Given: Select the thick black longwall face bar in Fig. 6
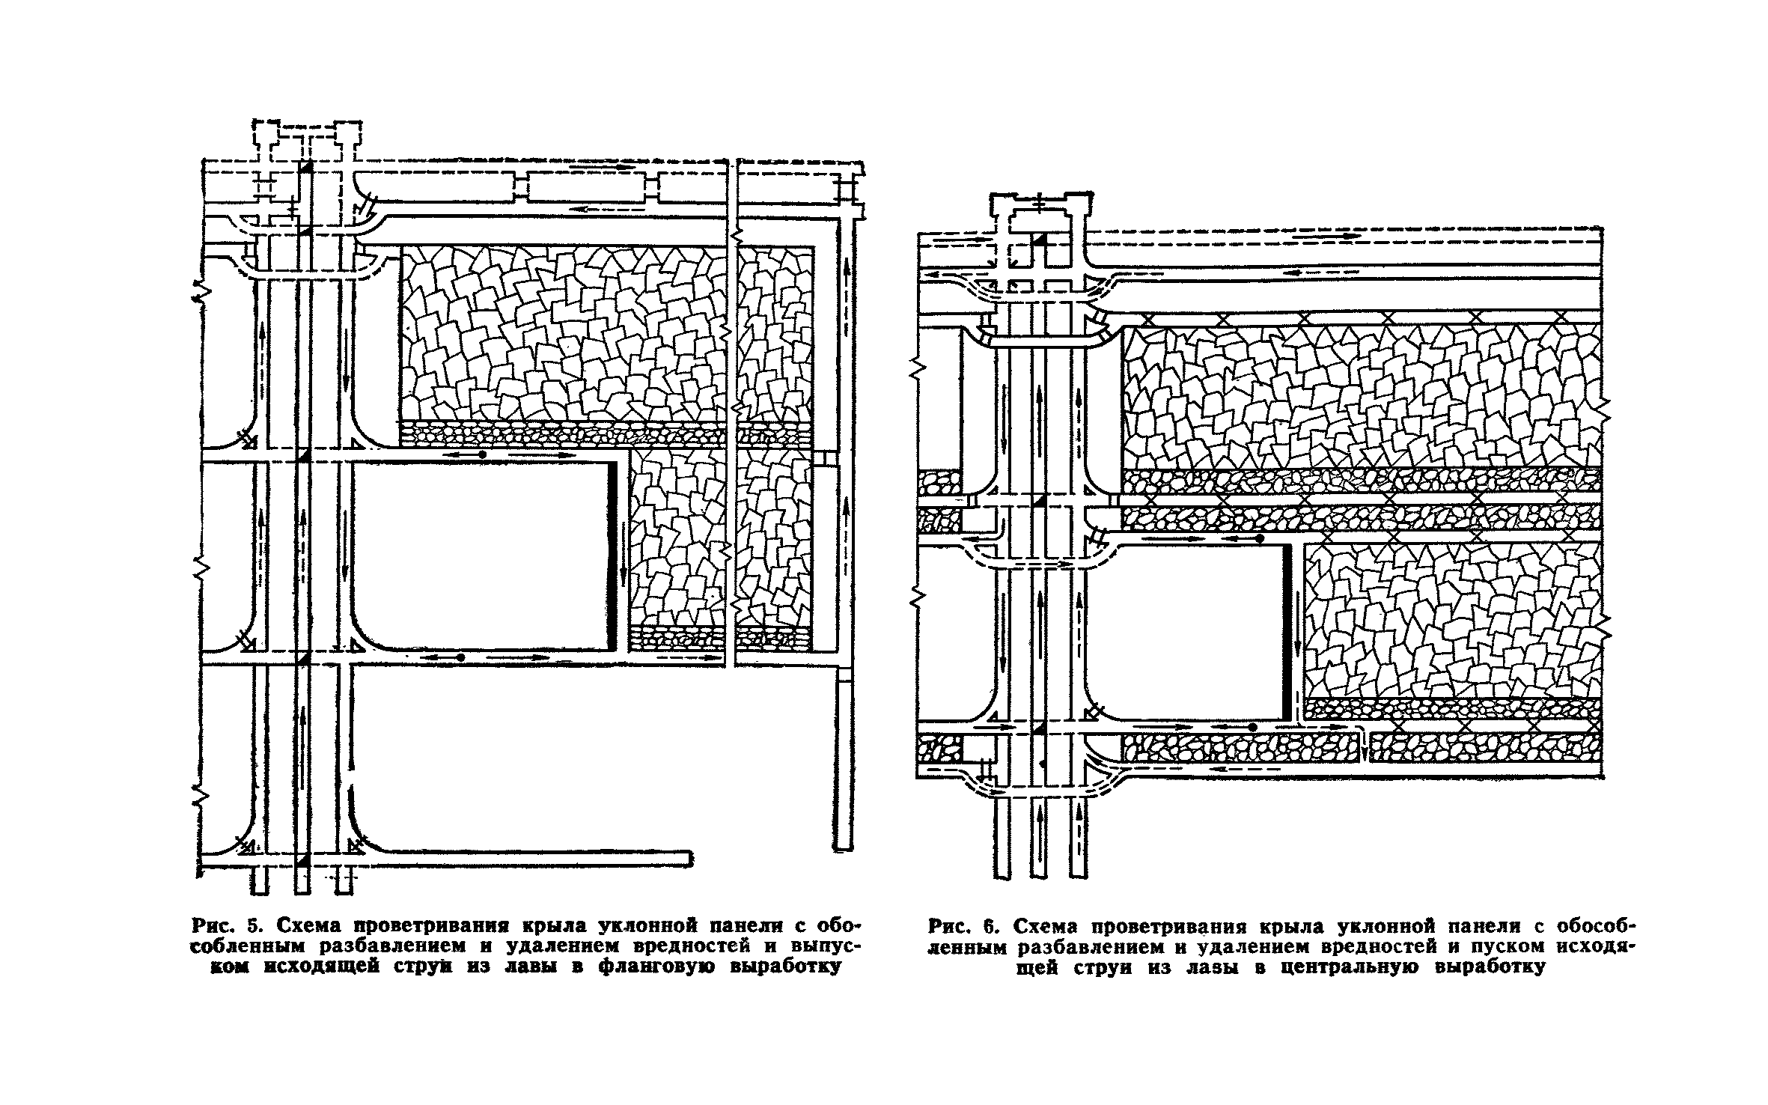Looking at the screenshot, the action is pos(1287,630).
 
